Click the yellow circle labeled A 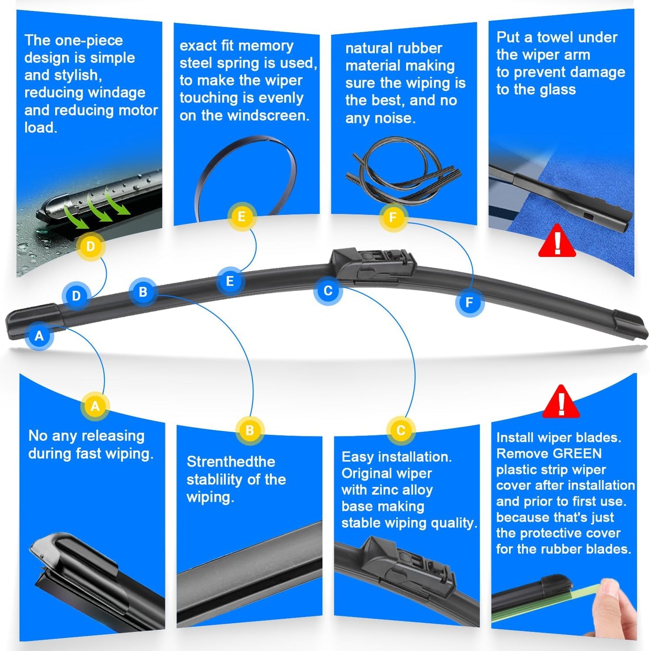click(x=95, y=406)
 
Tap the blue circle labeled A click(x=39, y=336)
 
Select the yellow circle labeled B click(x=250, y=431)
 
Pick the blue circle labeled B click(x=143, y=292)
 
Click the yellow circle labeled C click(x=400, y=431)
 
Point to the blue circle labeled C click(x=328, y=291)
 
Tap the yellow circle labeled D click(x=90, y=247)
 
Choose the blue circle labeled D click(x=76, y=296)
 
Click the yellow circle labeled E click(x=242, y=217)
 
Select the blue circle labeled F click(x=469, y=302)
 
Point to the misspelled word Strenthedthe click(x=231, y=462)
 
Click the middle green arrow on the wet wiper click(x=99, y=210)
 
